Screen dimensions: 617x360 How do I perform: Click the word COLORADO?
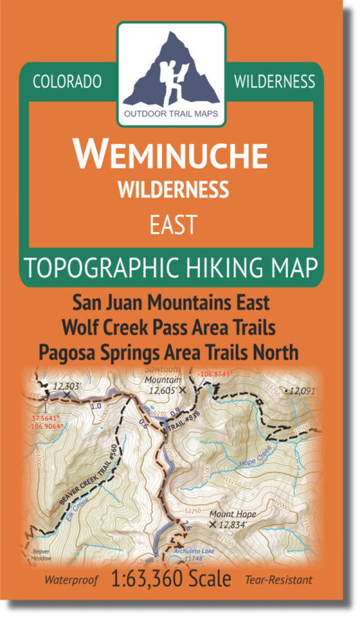(x=67, y=82)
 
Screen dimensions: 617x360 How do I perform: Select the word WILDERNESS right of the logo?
(x=274, y=82)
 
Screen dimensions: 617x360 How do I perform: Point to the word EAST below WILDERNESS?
(x=172, y=224)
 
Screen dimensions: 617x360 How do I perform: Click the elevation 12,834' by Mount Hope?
(x=236, y=524)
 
